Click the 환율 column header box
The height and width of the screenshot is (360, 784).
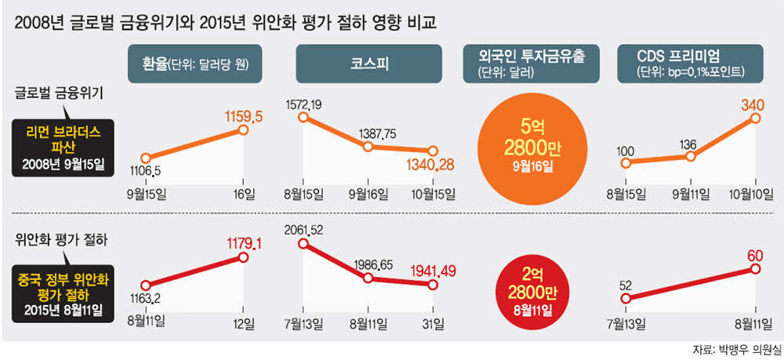click(x=196, y=64)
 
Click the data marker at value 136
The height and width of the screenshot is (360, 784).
click(x=690, y=156)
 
